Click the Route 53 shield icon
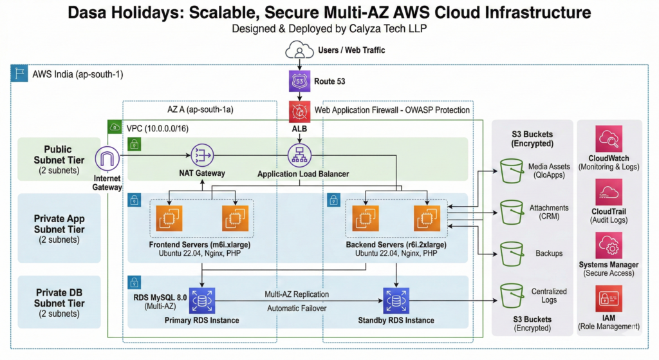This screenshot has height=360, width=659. (300, 82)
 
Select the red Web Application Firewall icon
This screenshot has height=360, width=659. (300, 111)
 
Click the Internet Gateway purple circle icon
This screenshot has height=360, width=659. (107, 159)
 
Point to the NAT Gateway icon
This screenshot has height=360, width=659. (201, 155)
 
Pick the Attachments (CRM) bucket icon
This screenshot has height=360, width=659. (512, 211)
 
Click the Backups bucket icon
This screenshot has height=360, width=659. (512, 252)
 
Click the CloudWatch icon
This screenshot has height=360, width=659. (609, 138)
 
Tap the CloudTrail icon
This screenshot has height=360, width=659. (609, 193)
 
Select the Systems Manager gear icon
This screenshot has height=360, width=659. (609, 247)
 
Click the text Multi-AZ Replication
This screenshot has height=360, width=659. (297, 294)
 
